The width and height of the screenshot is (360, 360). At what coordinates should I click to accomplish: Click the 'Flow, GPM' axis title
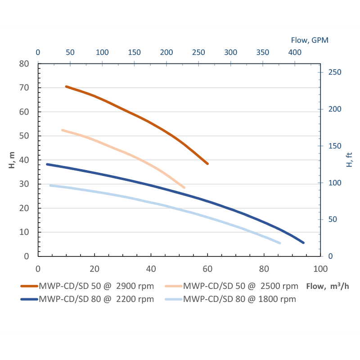click(x=310, y=40)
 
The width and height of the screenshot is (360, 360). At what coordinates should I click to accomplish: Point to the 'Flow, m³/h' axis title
click(x=327, y=286)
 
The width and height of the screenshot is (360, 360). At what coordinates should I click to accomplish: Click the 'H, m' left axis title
click(x=12, y=160)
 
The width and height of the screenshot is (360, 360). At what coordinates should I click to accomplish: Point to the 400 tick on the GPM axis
click(x=295, y=52)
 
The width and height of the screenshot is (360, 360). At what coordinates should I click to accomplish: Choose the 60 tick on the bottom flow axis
click(x=207, y=269)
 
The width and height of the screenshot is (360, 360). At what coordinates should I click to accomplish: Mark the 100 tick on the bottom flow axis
click(x=320, y=269)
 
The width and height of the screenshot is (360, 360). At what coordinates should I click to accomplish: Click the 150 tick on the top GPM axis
click(x=135, y=52)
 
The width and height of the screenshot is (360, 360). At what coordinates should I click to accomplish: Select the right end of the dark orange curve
click(x=207, y=164)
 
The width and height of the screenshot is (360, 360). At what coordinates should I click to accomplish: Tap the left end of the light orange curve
click(x=62, y=130)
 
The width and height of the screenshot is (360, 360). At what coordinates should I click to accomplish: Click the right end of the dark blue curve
click(x=303, y=243)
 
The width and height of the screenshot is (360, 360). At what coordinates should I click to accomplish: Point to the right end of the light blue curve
click(x=279, y=243)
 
